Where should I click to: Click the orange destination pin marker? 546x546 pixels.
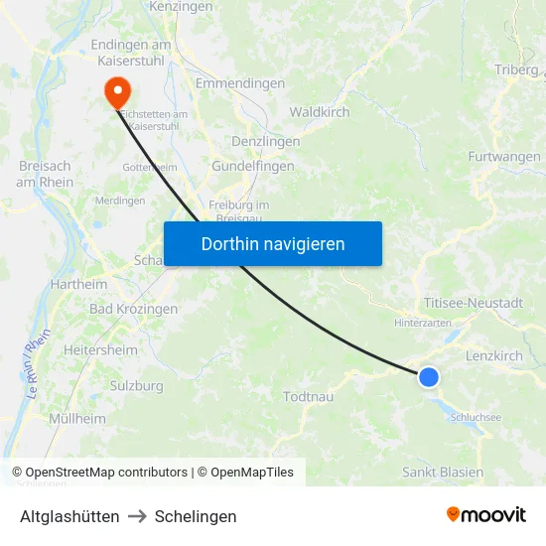point(117,91)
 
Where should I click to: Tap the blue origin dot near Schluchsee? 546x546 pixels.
point(429,377)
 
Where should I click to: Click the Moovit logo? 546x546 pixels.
point(485,514)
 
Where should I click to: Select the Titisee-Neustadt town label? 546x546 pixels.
point(473,303)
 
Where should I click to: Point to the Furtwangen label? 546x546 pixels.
point(504,157)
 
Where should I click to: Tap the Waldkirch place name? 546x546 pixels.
point(320,112)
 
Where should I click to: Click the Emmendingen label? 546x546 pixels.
point(240,84)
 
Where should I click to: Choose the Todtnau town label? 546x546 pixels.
point(308,397)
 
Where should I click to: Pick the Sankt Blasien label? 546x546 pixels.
point(443,472)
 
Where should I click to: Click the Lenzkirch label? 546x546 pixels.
point(493,355)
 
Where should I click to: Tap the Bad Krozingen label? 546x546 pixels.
point(133,309)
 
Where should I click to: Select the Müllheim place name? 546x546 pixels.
point(76,419)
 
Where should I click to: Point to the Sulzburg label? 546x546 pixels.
point(136,385)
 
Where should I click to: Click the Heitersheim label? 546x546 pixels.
point(99,350)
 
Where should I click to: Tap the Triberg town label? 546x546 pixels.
point(516,69)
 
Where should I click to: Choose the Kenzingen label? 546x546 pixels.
point(181,7)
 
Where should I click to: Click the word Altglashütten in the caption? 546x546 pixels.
point(69,516)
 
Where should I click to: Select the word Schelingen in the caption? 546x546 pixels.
point(196,516)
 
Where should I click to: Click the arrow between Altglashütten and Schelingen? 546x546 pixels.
point(137,516)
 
